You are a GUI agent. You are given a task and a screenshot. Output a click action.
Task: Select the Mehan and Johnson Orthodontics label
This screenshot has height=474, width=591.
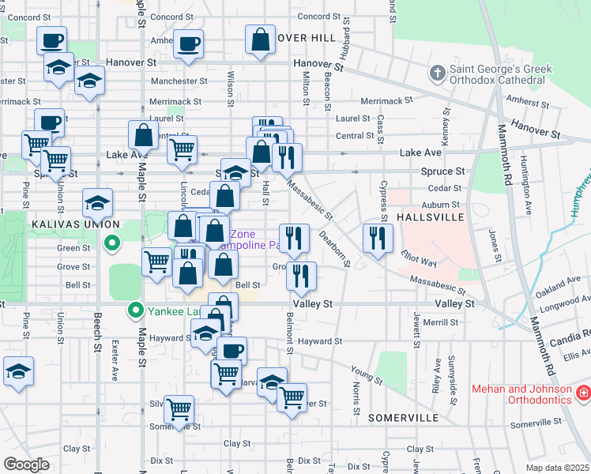pyautogui.click(x=522, y=394)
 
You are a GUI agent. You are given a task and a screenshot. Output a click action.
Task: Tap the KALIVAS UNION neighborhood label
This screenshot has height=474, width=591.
pyautogui.click(x=68, y=224)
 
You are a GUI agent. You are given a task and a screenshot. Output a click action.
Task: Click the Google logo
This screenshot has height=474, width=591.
pyautogui.click(x=26, y=465)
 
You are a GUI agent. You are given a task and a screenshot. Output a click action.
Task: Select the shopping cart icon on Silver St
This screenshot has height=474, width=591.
pyautogui.click(x=179, y=408)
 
